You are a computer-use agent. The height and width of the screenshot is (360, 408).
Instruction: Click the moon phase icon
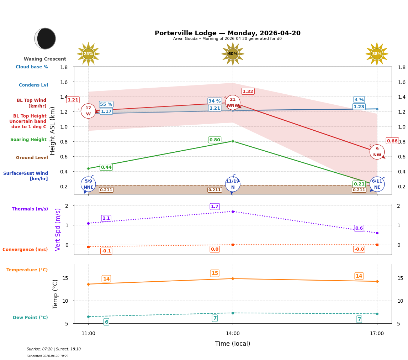[45, 38]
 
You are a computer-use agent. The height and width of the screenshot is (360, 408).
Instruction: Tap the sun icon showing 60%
[233, 54]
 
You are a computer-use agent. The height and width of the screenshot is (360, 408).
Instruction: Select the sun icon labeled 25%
[88, 54]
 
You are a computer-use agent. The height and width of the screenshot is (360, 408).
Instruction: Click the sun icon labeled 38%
[377, 54]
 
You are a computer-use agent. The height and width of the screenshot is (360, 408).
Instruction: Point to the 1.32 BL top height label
[248, 92]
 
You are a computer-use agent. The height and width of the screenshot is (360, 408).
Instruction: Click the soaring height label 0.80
[214, 140]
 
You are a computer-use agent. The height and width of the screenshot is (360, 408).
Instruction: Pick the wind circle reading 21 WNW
[233, 103]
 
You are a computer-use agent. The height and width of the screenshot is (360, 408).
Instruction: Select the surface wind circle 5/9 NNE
[88, 184]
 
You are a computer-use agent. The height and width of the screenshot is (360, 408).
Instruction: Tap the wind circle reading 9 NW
[377, 152]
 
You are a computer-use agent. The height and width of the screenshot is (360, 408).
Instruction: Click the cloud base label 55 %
[106, 104]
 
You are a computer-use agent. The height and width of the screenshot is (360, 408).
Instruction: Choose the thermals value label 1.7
[214, 207]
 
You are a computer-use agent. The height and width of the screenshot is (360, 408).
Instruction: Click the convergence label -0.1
[106, 251]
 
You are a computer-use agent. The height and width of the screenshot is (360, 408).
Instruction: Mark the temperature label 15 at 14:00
[214, 273]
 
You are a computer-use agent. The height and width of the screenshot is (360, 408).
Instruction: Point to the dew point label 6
[106, 322]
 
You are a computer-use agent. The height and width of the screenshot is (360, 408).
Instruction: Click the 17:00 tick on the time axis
[377, 334]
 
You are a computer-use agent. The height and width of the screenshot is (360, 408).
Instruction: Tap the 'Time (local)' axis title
[233, 344]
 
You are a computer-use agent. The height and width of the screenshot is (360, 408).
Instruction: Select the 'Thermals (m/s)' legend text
[30, 209]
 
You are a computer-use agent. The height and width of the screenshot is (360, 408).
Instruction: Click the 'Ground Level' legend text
[32, 158]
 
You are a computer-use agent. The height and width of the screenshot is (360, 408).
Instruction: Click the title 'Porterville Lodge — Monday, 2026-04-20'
[228, 33]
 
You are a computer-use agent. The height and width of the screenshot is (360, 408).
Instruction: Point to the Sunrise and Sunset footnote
[54, 349]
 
